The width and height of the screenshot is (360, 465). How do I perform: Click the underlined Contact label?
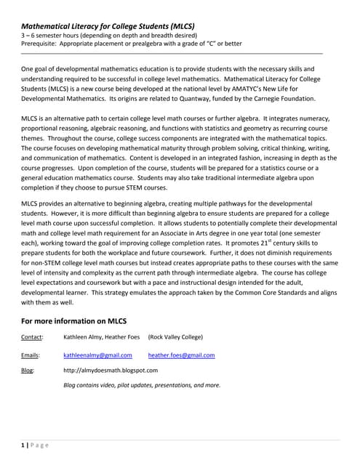[x=32, y=337]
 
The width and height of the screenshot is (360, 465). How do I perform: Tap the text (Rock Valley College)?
[x=175, y=337]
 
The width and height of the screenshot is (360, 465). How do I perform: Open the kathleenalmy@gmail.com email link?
[x=97, y=355]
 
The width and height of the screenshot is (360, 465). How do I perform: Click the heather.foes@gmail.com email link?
[x=181, y=355]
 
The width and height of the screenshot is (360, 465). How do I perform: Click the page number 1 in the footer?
[x=23, y=445]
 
